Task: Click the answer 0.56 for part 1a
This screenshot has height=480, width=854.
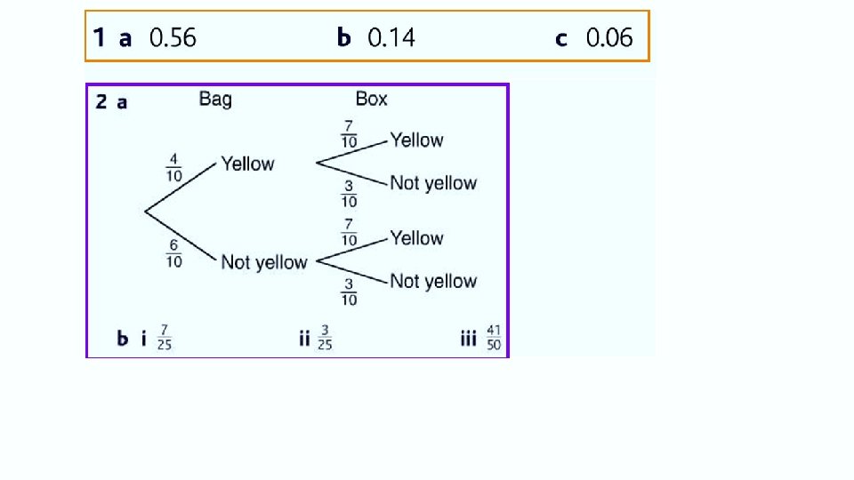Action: pyautogui.click(x=173, y=37)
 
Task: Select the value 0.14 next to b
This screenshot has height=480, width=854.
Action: pyautogui.click(x=391, y=37)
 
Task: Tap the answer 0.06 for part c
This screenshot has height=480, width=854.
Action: pyautogui.click(x=609, y=37)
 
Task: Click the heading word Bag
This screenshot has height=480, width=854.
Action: pyautogui.click(x=215, y=99)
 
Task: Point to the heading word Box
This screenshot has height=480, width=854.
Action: pyautogui.click(x=371, y=99)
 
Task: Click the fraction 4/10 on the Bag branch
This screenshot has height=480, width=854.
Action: pyautogui.click(x=173, y=167)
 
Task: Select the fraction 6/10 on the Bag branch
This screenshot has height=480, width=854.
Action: pyautogui.click(x=173, y=253)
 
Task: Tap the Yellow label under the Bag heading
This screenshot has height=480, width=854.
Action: pyautogui.click(x=247, y=164)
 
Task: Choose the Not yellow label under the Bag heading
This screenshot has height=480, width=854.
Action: pyautogui.click(x=263, y=262)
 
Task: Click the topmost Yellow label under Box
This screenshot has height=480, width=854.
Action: pyautogui.click(x=416, y=140)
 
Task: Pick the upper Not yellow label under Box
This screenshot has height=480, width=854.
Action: pyautogui.click(x=433, y=183)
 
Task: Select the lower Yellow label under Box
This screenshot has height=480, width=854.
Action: pyautogui.click(x=416, y=238)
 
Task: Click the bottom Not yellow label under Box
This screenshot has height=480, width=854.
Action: pyautogui.click(x=433, y=282)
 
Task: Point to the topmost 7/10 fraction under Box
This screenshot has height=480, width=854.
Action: pyautogui.click(x=349, y=133)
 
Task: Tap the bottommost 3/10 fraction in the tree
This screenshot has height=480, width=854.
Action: pyautogui.click(x=349, y=292)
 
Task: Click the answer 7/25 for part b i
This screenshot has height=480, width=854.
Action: pyautogui.click(x=164, y=339)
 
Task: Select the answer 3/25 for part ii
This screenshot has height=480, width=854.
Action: pyautogui.click(x=325, y=339)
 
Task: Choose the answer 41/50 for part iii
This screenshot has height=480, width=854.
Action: pyautogui.click(x=494, y=339)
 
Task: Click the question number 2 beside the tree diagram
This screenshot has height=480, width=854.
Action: pyautogui.click(x=101, y=101)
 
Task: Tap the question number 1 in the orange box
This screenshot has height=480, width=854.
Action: pyautogui.click(x=99, y=37)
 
